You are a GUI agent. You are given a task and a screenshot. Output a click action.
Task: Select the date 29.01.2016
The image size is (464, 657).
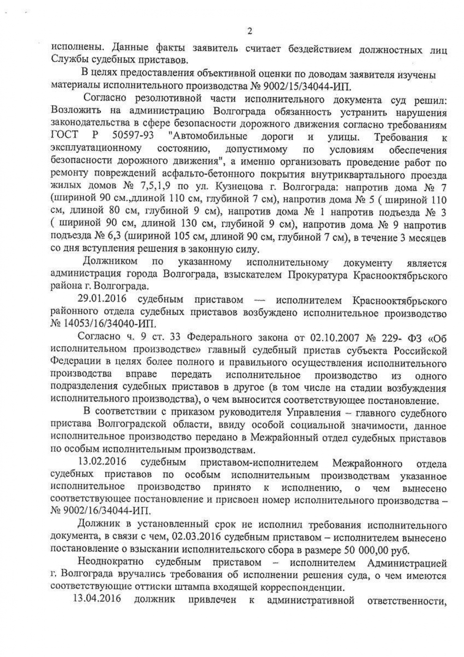(102, 300)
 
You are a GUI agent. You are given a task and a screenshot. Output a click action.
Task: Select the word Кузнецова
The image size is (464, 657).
(237, 188)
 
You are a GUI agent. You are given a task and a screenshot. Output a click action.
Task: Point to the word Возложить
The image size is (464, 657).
(75, 112)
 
